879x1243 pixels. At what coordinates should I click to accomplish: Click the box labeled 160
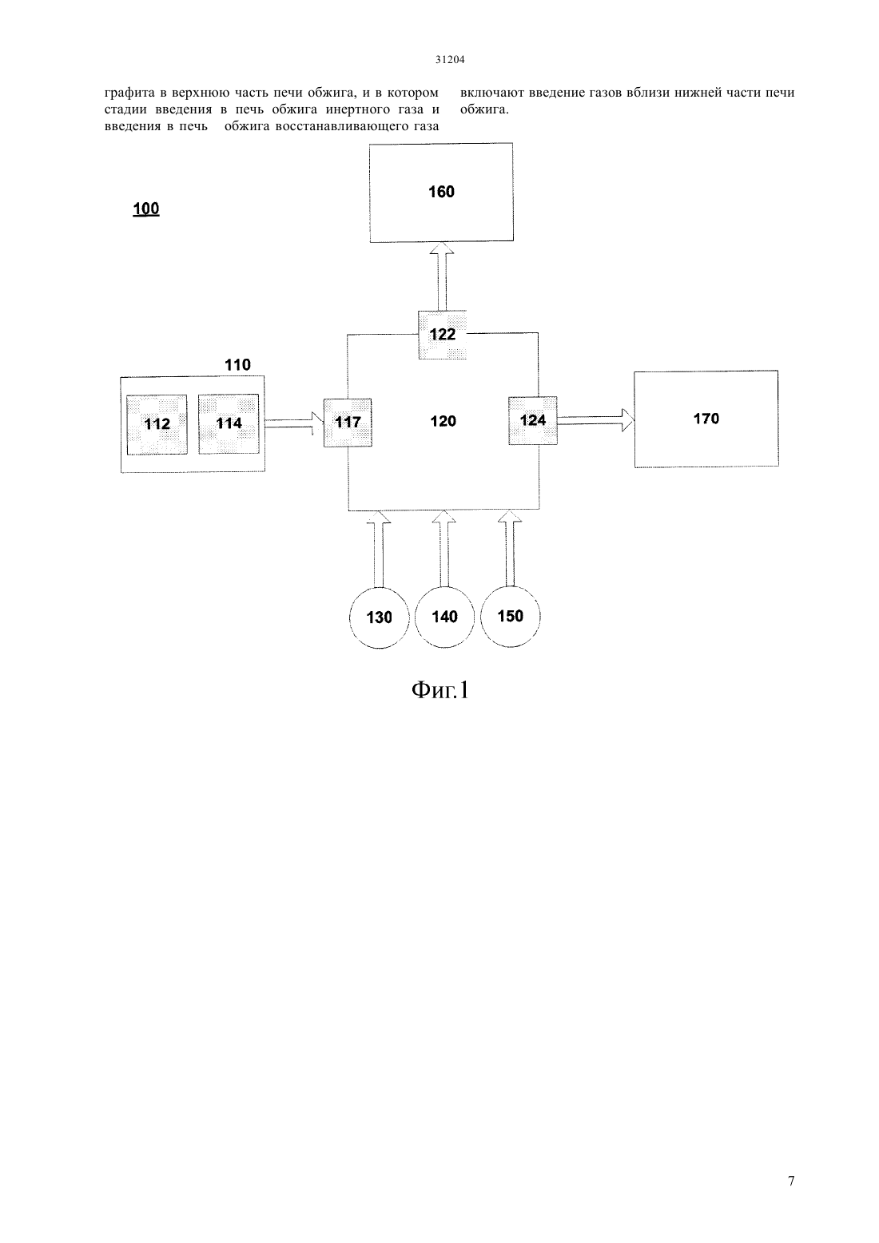441,193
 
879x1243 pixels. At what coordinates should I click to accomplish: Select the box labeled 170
706,419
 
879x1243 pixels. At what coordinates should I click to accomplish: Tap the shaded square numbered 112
157,424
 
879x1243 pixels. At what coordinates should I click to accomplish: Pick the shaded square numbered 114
229,424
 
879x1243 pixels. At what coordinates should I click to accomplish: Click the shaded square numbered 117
348,423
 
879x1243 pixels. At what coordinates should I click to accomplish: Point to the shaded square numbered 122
442,335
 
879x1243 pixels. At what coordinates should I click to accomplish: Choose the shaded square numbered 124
533,421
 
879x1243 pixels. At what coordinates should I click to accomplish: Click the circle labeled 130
379,617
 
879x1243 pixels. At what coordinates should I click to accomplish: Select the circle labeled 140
444,617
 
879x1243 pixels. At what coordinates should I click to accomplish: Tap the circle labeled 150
510,616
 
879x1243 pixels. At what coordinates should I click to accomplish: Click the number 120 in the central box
443,421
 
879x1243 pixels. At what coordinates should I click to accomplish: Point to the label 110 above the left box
237,364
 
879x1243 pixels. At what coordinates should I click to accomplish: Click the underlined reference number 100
146,209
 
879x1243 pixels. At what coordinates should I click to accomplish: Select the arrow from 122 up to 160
442,276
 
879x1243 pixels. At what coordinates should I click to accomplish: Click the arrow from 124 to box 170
595,420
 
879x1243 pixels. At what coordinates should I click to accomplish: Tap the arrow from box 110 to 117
294,423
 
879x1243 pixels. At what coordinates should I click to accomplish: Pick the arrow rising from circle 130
379,549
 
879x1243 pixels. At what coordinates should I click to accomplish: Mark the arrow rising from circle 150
510,548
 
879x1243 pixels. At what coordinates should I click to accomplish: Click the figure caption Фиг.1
440,690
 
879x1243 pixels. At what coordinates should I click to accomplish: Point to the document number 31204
450,59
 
